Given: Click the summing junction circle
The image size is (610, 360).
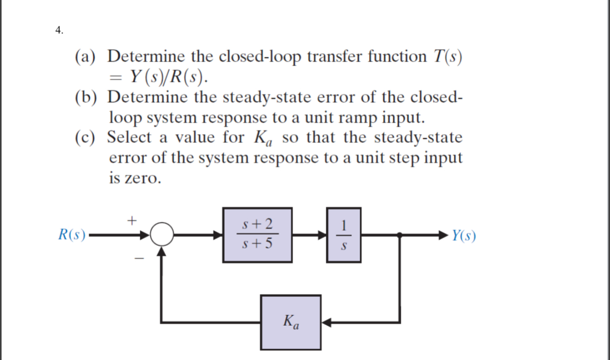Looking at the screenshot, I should tap(163, 236).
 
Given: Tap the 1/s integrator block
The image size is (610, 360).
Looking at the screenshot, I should tap(343, 235).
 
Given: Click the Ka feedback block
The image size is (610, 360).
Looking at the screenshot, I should tap(291, 322).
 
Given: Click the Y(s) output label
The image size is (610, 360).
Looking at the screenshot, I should tap(463, 236).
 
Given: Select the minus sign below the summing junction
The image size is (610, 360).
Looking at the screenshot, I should tap(138, 257).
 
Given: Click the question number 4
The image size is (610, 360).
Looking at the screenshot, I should tap(59, 30).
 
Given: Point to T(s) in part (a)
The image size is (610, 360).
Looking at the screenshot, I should tap(449, 56).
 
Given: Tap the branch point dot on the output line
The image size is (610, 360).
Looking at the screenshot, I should tap(400, 236).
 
